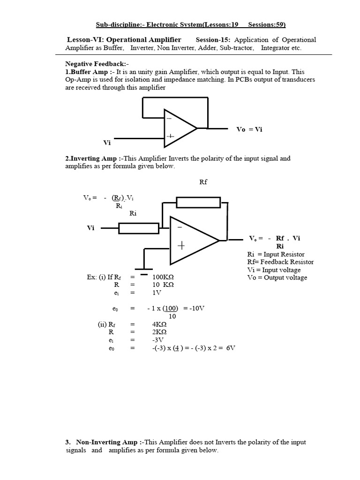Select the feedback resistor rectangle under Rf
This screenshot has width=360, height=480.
[198, 202]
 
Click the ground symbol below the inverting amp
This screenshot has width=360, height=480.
[143, 271]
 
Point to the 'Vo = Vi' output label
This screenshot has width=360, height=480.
[249, 129]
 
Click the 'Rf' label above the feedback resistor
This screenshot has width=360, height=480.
[203, 182]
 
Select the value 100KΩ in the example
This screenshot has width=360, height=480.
[163, 277]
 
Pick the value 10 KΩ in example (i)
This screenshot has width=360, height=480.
[163, 285]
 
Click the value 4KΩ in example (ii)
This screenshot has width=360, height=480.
[159, 324]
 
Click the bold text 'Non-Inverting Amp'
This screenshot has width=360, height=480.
[106, 442]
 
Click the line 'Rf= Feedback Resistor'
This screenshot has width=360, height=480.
[280, 262]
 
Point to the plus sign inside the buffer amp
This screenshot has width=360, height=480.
[170, 137]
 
